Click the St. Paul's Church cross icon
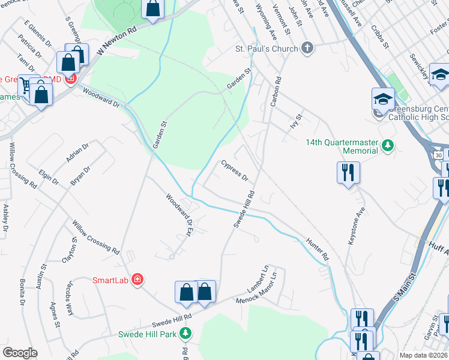[x=307, y=48]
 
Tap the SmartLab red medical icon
[x=137, y=280]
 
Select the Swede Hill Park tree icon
[x=186, y=334]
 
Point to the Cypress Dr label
[x=235, y=170]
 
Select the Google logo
[x=20, y=352]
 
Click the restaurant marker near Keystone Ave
[x=348, y=173]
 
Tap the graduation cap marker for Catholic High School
[x=383, y=100]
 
